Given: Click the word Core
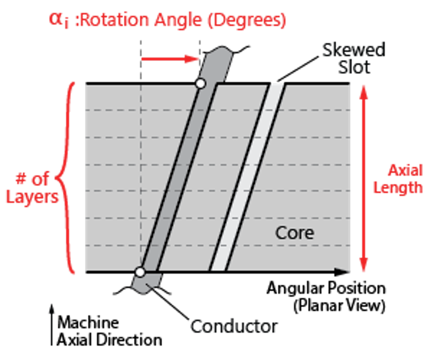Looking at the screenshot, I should tap(294, 233).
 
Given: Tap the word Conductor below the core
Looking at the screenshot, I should tap(234, 326).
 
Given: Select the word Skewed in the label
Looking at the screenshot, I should tap(354, 50).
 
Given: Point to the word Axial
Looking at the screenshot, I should tap(405, 170).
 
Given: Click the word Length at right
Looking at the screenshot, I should tap(398, 188).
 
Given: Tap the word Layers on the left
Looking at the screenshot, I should tap(32, 197).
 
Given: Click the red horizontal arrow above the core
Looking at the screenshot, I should tap(170, 58).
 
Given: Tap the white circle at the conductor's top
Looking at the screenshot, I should tap(200, 84).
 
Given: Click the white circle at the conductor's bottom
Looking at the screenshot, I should tap(140, 272).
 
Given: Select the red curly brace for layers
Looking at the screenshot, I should tap(67, 178).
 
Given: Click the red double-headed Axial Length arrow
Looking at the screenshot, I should tap(363, 178).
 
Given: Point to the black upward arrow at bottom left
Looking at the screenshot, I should tap(52, 325).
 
